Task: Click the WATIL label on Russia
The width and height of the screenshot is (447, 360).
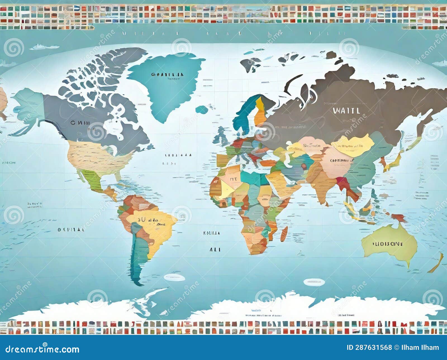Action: click(x=346, y=111)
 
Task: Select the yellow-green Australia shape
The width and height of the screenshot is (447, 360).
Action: click(x=390, y=246)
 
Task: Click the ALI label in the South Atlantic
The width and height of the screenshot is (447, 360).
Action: click(x=215, y=249)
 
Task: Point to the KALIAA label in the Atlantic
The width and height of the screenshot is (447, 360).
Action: click(x=211, y=232)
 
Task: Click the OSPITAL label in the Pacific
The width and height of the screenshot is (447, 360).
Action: click(x=71, y=230)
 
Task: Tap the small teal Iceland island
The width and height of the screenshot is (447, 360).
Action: click(x=202, y=110)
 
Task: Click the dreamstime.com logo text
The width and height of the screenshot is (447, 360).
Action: click(x=42, y=349)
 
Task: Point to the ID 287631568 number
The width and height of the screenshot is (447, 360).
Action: click(x=369, y=347)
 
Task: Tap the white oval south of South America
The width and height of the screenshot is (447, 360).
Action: click(x=174, y=277)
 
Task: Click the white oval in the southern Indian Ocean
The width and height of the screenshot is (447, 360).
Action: click(x=314, y=282)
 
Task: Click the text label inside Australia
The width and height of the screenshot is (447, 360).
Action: click(x=388, y=244)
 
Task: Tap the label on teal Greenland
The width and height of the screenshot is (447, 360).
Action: click(x=168, y=75)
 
